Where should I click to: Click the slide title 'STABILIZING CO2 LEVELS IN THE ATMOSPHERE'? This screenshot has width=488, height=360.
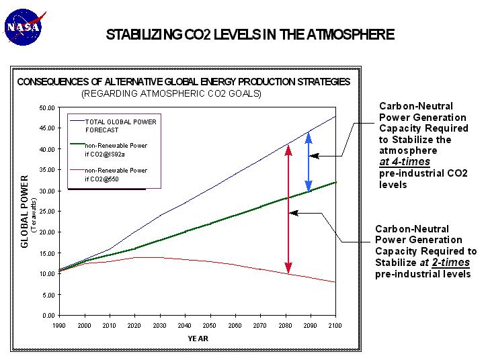[250, 35]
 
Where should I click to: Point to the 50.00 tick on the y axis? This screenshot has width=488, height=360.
[46, 108]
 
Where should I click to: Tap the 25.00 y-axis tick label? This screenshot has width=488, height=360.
[46, 212]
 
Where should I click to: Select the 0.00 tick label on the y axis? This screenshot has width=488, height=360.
[47, 315]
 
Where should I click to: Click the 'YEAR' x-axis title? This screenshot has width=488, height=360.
[198, 338]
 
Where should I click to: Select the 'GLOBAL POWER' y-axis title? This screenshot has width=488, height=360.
[24, 212]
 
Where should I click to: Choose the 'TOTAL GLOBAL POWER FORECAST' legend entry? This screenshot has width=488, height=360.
[112, 126]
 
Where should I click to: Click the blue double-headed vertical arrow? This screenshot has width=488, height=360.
[308, 161]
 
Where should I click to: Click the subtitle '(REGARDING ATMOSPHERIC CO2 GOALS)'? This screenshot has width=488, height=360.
[171, 94]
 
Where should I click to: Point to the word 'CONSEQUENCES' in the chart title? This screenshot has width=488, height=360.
[50, 82]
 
